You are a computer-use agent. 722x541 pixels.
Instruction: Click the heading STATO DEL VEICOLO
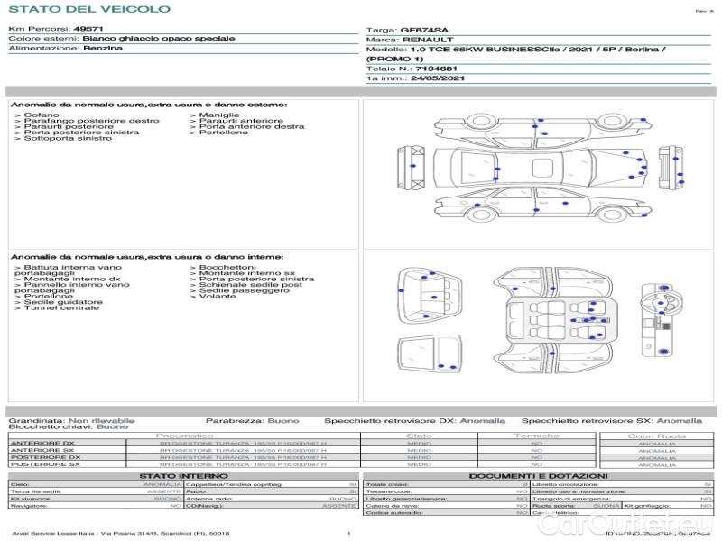(88, 9)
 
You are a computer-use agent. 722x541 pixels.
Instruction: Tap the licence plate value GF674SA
(424, 31)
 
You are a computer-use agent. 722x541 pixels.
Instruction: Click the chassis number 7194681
(435, 69)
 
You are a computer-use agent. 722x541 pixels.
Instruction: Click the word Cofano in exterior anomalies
(42, 115)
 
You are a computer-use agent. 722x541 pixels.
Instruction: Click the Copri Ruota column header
(657, 436)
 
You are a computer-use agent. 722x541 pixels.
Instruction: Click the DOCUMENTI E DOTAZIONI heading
(538, 475)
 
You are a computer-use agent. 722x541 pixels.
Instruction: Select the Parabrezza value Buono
(283, 420)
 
